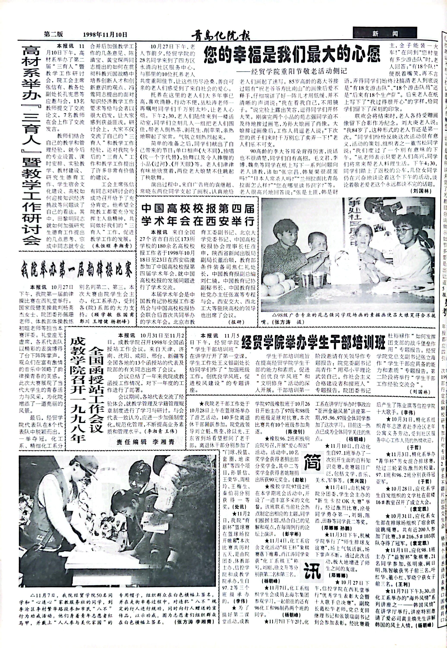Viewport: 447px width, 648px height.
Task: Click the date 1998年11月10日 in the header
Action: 105,35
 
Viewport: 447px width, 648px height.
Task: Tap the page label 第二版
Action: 54,34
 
